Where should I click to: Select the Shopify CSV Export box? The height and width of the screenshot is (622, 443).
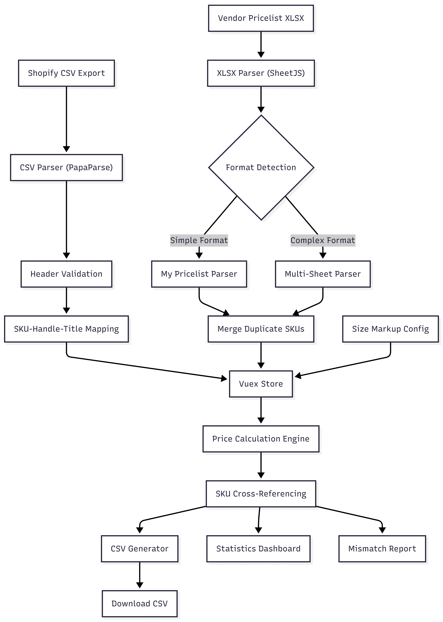(66, 73)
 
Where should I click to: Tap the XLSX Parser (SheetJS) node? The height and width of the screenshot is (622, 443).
(261, 73)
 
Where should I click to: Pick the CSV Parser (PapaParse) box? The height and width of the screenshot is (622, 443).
(66, 167)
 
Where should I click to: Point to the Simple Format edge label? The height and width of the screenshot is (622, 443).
(199, 240)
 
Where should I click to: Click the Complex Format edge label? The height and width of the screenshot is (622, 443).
(323, 240)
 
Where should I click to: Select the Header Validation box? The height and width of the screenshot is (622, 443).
(66, 274)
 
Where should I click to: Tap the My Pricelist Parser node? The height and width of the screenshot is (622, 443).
(199, 274)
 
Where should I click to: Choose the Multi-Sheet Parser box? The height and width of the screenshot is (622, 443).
(323, 274)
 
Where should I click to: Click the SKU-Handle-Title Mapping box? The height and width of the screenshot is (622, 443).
(66, 329)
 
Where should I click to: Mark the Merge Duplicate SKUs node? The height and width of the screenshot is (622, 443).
(261, 329)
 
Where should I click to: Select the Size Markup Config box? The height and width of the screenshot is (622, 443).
(390, 329)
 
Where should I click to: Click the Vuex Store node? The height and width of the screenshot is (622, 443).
(261, 384)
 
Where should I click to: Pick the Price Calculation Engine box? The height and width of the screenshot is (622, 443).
(261, 439)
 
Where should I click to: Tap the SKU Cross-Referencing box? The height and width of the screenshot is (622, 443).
(261, 494)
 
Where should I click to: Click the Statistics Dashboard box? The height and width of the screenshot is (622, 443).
(258, 549)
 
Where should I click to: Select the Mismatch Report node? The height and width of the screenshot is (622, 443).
(382, 549)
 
